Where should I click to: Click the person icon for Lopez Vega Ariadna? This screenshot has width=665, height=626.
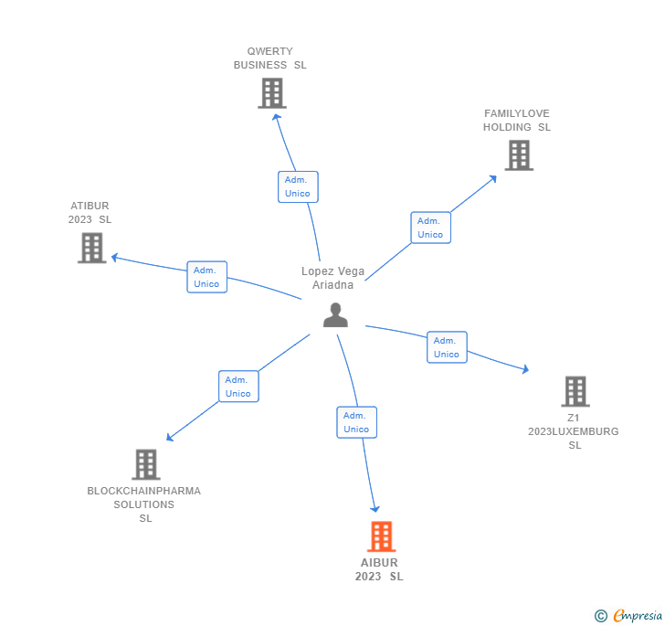click(335, 314)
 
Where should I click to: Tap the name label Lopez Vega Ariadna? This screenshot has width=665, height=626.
click(332, 278)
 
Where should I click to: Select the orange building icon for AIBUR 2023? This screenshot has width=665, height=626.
click(381, 536)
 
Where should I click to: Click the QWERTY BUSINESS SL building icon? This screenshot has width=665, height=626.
click(271, 93)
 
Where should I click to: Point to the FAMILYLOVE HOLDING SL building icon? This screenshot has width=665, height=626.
click(519, 155)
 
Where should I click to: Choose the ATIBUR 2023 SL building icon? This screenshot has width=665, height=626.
click(91, 248)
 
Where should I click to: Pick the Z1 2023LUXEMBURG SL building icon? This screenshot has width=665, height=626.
click(575, 391)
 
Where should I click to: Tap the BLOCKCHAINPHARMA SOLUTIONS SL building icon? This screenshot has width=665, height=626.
click(145, 464)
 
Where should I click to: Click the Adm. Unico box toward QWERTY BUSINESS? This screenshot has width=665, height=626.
click(298, 186)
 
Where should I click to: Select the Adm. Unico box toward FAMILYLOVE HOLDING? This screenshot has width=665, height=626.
click(430, 228)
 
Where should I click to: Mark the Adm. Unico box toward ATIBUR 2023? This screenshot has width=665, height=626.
click(207, 277)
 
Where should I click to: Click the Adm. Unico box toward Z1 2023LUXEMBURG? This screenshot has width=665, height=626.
click(447, 347)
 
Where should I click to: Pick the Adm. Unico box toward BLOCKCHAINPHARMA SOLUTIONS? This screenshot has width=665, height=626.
click(238, 387)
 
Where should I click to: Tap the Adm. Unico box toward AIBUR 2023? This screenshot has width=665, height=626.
click(356, 422)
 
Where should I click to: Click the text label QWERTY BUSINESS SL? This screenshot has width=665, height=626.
click(270, 58)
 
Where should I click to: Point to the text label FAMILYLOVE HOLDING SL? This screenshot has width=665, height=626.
click(517, 121)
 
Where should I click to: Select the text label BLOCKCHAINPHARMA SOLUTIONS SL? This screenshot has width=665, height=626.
click(144, 504)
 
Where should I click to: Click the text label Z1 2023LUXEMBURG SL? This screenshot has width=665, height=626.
click(574, 431)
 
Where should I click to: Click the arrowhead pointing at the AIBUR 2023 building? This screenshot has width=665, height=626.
click(374, 508)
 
